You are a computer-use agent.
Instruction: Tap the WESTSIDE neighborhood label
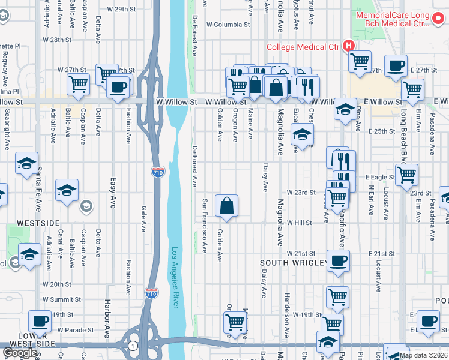point(38,223)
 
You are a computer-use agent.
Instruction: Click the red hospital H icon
point(348,46)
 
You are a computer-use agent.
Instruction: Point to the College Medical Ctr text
point(303,46)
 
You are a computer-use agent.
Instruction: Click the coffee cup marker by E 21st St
point(338,261)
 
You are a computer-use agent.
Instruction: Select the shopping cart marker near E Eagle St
point(406,175)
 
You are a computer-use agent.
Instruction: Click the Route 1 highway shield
point(133,346)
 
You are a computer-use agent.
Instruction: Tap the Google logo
point(20,353)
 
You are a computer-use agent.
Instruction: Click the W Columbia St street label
point(228,25)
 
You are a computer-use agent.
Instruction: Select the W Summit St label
point(61,299)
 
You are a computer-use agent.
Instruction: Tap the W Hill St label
point(299,223)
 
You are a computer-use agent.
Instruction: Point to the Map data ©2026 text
point(423,355)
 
